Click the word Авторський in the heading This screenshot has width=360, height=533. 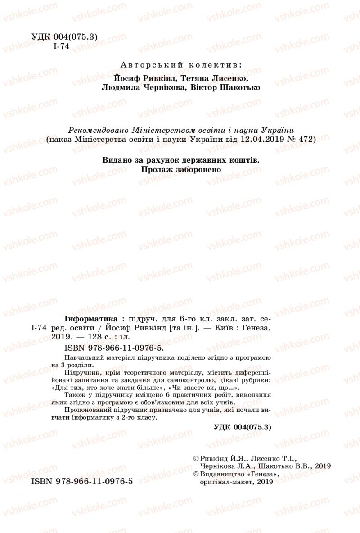pyautogui.click(x=144, y=65)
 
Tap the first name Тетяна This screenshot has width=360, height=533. pyautogui.click(x=194, y=78)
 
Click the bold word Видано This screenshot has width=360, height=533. pyautogui.click(x=117, y=160)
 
